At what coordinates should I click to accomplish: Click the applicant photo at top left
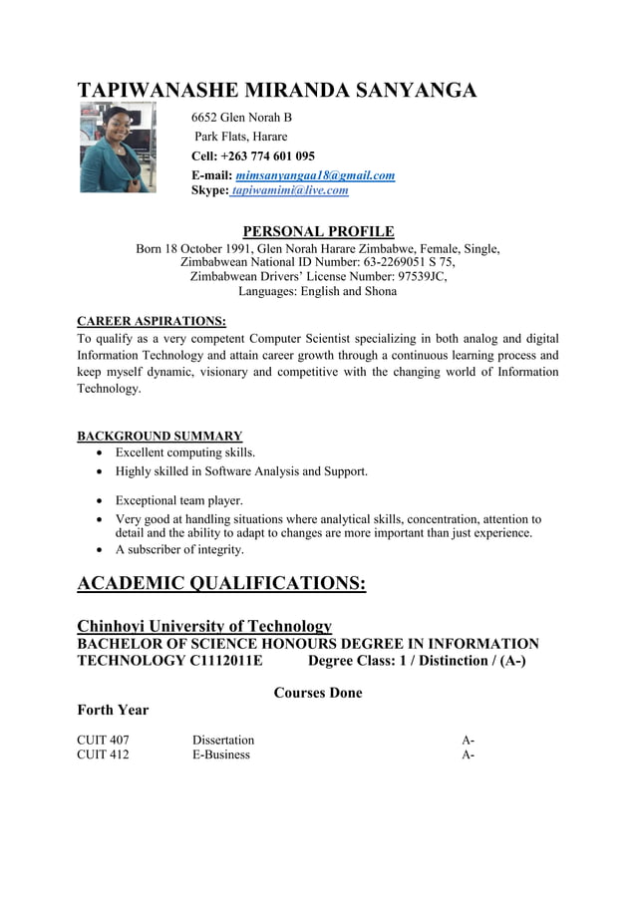tap(118, 148)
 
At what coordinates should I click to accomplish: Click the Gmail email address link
tap(315, 175)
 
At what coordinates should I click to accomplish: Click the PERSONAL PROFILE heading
tap(318, 231)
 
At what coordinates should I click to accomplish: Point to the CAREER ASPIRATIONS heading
tap(152, 321)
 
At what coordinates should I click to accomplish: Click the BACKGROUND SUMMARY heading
tap(159, 436)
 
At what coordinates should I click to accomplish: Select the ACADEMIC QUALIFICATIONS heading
tap(221, 583)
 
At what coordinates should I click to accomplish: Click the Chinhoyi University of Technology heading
tap(204, 626)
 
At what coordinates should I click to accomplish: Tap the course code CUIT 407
tap(103, 740)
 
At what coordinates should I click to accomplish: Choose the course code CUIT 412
tap(103, 754)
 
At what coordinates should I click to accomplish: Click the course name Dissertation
tap(223, 740)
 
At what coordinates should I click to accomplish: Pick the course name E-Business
tap(221, 754)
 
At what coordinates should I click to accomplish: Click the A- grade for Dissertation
tap(468, 740)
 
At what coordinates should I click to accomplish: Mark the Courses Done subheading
tap(318, 693)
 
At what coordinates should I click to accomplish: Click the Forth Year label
tap(113, 710)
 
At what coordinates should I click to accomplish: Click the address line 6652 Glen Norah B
tap(241, 118)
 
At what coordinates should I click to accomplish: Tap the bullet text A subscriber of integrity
tap(179, 549)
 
